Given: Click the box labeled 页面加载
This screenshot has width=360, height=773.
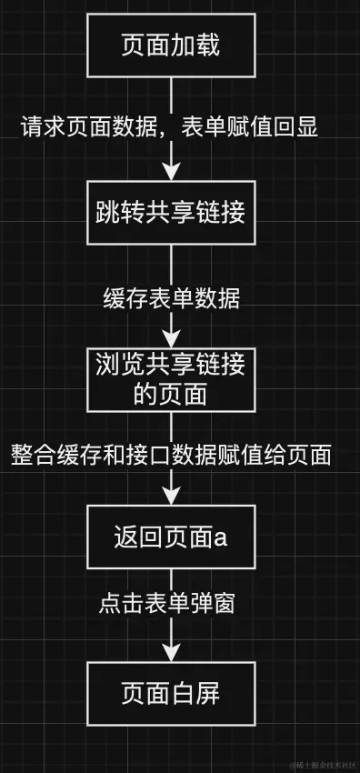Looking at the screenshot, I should coord(171,46).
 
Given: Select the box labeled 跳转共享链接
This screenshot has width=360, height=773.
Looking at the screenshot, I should coord(171,212).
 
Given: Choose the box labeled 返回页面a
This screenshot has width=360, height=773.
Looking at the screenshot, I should coord(171,538).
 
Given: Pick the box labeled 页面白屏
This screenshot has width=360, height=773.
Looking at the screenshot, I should coord(171,695).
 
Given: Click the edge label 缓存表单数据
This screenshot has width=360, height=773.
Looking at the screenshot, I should coord(172,297).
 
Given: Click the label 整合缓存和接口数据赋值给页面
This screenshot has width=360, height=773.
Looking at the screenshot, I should coord(171,453).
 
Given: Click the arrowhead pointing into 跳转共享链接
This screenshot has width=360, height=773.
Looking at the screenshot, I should coord(172,173).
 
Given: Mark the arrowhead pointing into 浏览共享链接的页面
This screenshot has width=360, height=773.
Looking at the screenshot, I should coord(172,337).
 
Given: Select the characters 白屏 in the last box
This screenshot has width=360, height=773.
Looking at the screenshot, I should coord(195,695).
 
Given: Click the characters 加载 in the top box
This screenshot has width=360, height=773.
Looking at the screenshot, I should coord(195,46).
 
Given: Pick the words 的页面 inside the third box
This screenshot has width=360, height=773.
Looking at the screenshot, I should coord(171,394).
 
